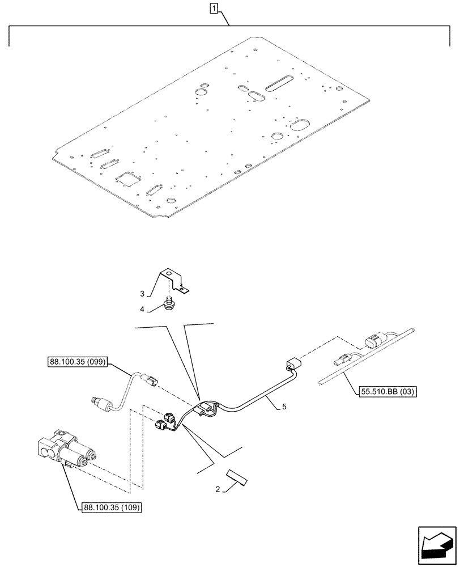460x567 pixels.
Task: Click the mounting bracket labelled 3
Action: click(x=173, y=281)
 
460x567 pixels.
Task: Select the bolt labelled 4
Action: click(x=168, y=306)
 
